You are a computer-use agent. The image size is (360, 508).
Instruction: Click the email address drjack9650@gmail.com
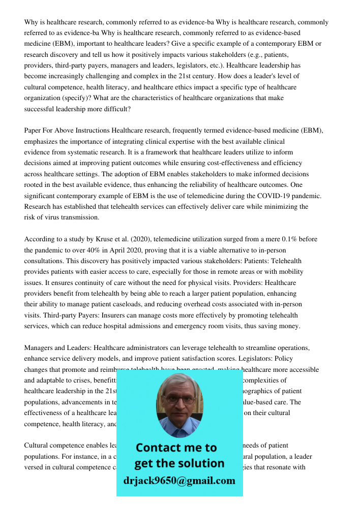179,481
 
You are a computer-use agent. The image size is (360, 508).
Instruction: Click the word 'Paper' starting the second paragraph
34,131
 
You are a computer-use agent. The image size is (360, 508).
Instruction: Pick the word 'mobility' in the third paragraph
290,272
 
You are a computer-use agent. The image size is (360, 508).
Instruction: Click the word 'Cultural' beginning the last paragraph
37,446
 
